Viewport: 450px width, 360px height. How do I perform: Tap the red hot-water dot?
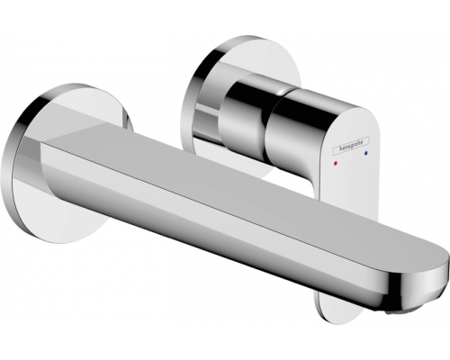pos(335,164)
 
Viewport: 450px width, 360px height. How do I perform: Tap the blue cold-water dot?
pos(365,153)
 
